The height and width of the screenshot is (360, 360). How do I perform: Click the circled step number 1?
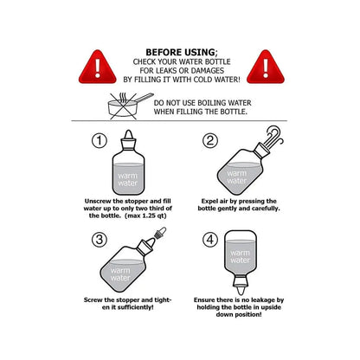(x=100, y=140)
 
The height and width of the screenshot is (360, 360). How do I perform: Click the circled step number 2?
(x=209, y=140)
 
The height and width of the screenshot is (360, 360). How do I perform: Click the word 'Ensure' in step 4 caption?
(x=202, y=299)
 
